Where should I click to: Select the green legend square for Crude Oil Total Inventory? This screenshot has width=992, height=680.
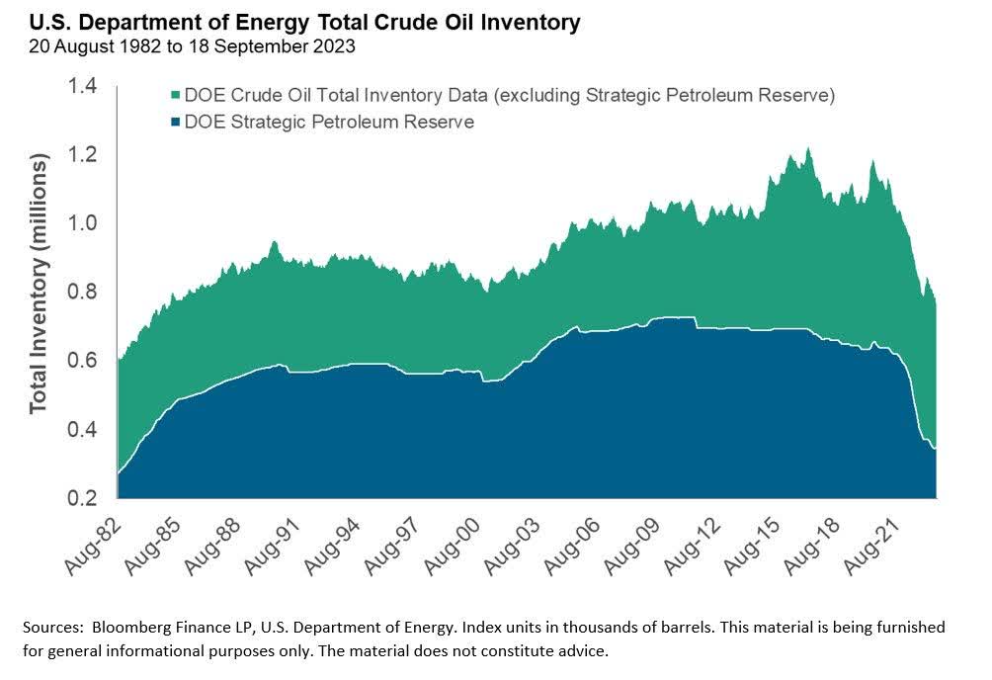(x=176, y=96)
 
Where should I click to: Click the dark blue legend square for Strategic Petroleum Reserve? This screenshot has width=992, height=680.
(x=176, y=123)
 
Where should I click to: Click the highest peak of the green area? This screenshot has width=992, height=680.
(x=808, y=149)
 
